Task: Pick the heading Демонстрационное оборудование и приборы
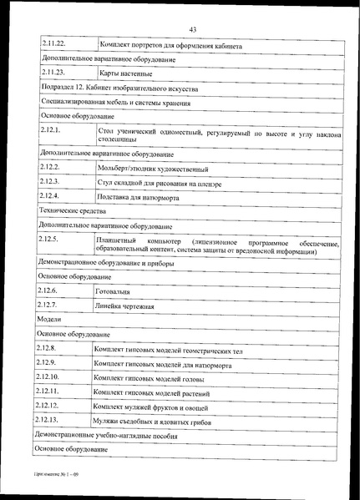tap(105, 262)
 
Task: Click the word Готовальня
tap(116, 290)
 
